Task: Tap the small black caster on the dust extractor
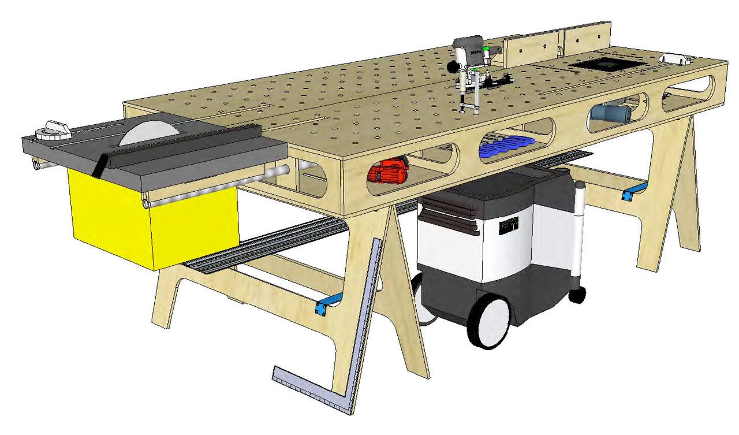point(576,295)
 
